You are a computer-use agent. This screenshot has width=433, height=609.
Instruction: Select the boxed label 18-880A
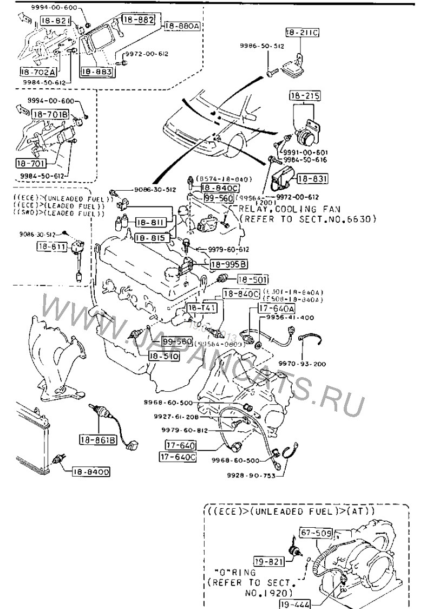point(182,25)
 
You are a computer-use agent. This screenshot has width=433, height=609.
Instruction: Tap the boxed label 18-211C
point(301,33)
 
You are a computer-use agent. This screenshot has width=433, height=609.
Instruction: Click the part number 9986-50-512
point(263,47)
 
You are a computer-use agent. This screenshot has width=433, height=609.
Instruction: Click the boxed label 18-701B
point(49,114)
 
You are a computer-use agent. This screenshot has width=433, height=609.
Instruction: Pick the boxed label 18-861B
point(99,440)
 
